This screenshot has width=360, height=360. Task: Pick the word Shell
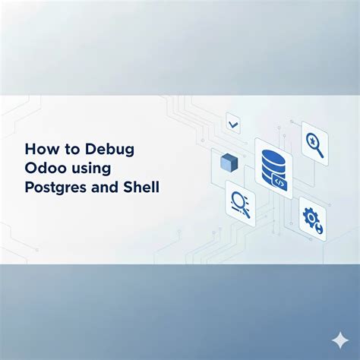[x=141, y=187]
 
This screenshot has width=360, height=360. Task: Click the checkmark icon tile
[x=233, y=124]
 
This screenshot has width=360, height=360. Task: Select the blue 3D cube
[x=229, y=162]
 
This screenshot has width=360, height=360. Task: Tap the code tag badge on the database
[x=279, y=182]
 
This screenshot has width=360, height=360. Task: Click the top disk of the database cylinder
[x=273, y=156]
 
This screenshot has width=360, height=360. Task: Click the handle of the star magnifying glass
[x=320, y=153]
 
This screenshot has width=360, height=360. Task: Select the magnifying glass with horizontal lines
[x=240, y=204]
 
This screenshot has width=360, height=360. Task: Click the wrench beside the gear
[x=319, y=229]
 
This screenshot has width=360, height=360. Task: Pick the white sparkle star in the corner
[x=340, y=340]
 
